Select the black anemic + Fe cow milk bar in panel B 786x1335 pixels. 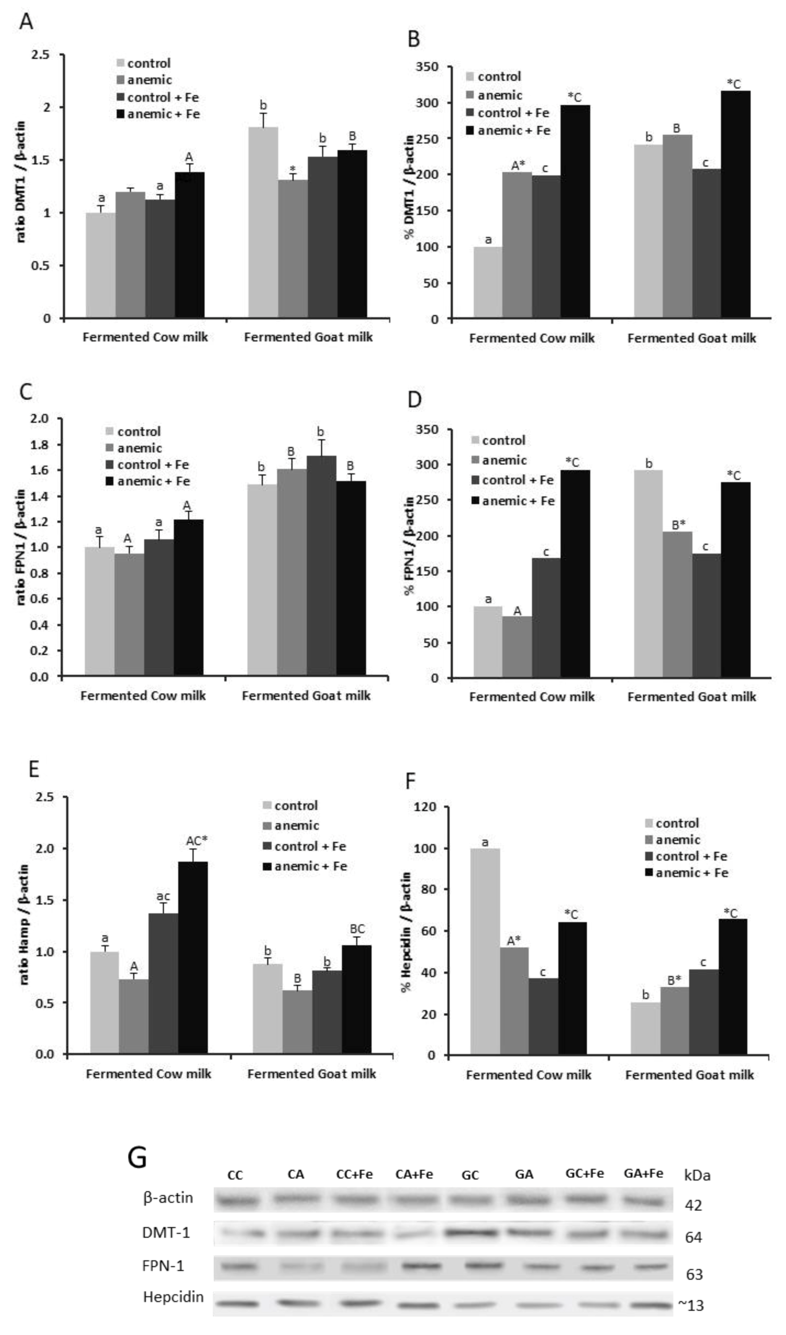[x=574, y=212]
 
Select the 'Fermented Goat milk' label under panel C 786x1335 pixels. [x=306, y=695]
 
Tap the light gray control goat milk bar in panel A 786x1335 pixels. [x=263, y=223]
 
